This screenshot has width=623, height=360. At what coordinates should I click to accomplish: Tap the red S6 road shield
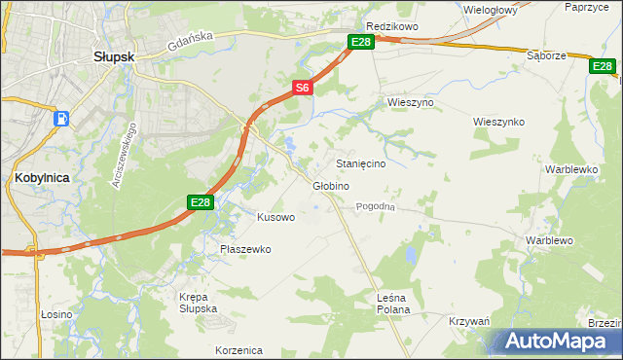tap(303, 88)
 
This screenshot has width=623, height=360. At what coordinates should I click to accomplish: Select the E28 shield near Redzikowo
tap(361, 41)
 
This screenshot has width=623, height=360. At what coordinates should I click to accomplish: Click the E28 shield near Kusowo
tap(200, 201)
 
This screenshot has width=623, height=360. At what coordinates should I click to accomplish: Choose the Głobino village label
tap(331, 186)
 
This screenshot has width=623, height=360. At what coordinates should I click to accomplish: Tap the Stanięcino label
tap(360, 164)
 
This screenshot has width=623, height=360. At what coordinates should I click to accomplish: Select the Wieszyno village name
tap(410, 102)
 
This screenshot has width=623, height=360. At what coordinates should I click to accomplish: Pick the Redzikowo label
tap(391, 26)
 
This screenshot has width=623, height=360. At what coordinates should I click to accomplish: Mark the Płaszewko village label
tap(244, 249)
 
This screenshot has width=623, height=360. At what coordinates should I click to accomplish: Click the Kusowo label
tap(275, 217)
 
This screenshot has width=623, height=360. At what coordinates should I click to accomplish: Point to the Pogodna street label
tap(375, 206)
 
